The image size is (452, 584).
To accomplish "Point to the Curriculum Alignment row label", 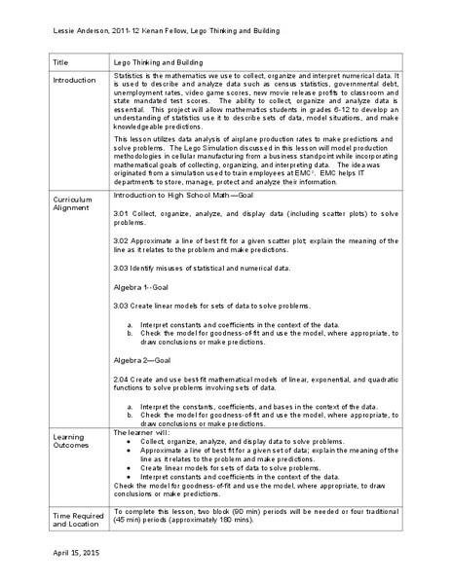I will click(x=73, y=203).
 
